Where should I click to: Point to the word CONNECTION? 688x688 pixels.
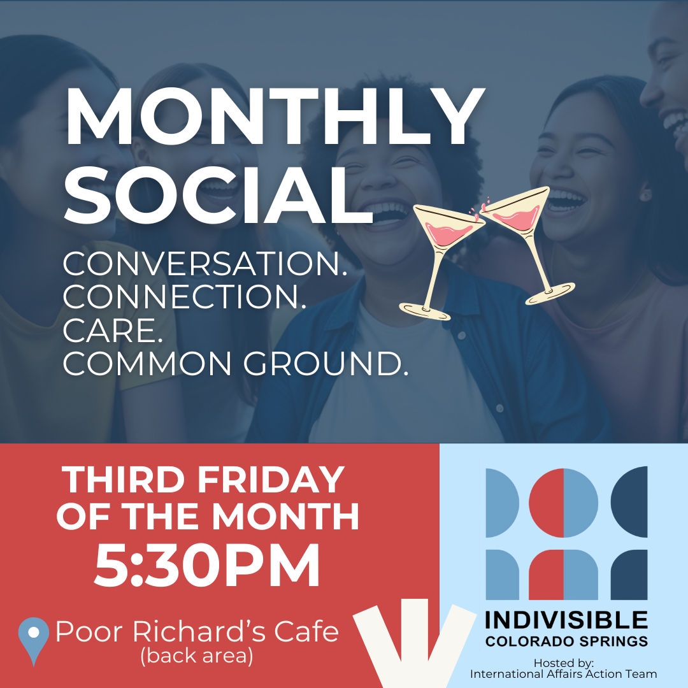(x=184, y=297)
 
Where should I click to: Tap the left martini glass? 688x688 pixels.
(x=439, y=261)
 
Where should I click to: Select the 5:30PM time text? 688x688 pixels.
(x=206, y=566)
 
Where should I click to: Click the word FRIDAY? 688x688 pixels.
(x=271, y=480)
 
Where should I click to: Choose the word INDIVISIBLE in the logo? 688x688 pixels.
(x=566, y=620)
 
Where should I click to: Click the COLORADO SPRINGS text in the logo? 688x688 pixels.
(x=566, y=641)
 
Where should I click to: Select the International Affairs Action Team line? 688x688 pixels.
(x=563, y=674)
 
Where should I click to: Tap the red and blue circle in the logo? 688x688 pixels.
(x=563, y=503)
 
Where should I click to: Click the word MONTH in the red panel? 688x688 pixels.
(x=285, y=517)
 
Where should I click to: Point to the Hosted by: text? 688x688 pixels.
(x=563, y=663)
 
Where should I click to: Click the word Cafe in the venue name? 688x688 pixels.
(x=306, y=631)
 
